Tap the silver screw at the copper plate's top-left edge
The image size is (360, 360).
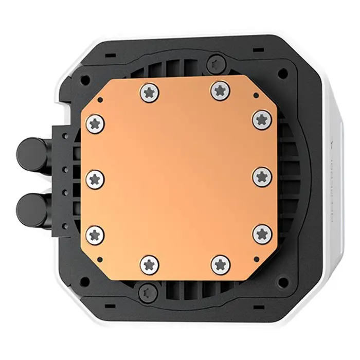(150, 93)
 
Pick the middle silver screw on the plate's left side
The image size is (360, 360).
(96, 179)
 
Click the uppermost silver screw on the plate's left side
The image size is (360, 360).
(96, 123)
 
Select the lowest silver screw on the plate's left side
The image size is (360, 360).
(96, 235)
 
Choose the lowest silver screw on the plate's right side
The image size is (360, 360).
(262, 233)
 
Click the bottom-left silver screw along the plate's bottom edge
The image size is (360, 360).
(150, 264)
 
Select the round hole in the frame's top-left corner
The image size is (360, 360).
(85, 80)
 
